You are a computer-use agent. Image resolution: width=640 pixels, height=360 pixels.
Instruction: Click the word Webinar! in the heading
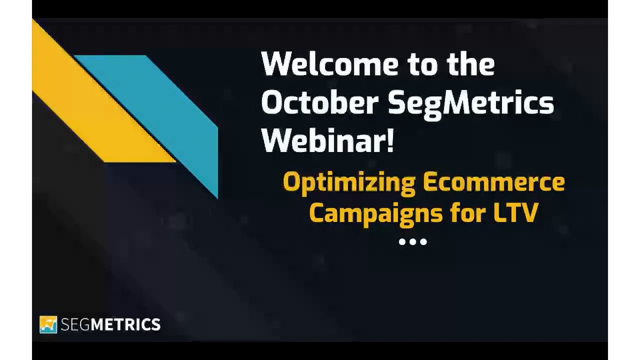(x=328, y=140)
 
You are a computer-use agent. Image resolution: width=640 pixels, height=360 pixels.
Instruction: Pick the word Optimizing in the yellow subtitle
(x=348, y=184)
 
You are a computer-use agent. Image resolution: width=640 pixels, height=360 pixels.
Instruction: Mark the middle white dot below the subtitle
(x=413, y=241)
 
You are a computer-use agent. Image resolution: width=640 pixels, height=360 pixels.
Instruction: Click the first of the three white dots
(x=402, y=241)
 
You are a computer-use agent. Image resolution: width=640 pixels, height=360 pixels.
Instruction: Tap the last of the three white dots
(x=423, y=241)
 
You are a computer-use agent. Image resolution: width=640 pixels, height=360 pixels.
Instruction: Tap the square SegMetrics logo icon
(x=48, y=324)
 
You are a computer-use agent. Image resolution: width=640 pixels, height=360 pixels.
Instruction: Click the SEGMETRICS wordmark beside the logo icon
(x=111, y=324)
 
